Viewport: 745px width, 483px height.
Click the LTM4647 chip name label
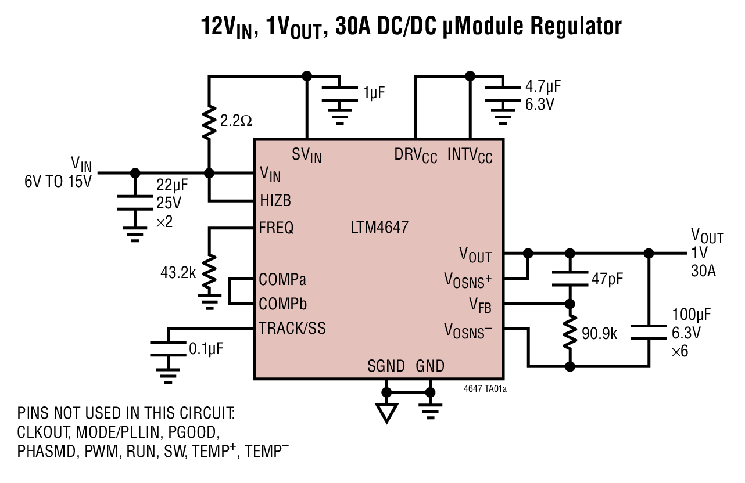tap(379, 228)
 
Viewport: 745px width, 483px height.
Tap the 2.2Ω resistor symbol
tap(209, 121)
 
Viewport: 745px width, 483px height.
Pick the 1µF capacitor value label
tap(375, 92)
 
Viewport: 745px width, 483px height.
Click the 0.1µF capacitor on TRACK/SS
tap(168, 349)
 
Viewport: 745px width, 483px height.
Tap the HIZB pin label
tap(275, 201)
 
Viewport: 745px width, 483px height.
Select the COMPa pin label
tap(282, 280)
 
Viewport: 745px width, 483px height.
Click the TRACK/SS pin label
tap(292, 328)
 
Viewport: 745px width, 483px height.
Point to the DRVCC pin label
tap(416, 155)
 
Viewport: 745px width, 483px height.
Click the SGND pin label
tap(386, 366)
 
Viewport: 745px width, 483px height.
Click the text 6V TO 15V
tap(58, 182)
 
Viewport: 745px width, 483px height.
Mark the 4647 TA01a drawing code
tap(485, 390)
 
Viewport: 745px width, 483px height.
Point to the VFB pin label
tap(481, 304)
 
